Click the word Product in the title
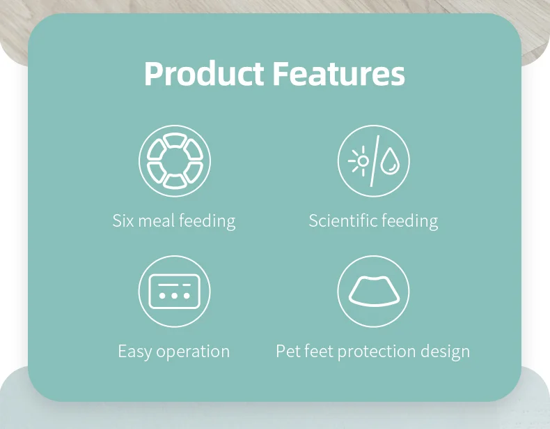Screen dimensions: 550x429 tap(204, 73)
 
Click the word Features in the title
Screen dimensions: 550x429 tap(338, 73)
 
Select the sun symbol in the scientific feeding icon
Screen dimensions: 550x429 tap(359, 161)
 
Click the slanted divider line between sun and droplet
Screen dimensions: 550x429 tap(375, 161)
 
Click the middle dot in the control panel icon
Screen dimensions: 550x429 tap(174, 296)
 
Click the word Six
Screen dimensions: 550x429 tap(123, 221)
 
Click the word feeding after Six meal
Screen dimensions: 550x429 tap(207, 222)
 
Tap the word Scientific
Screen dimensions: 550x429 tap(343, 221)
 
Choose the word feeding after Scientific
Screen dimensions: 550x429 tap(409, 222)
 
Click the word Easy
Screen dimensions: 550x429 tap(134, 352)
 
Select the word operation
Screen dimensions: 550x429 tap(193, 352)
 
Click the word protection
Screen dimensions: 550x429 tap(377, 352)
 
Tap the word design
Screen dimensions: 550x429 tap(445, 352)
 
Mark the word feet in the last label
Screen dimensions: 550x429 tap(318, 351)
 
